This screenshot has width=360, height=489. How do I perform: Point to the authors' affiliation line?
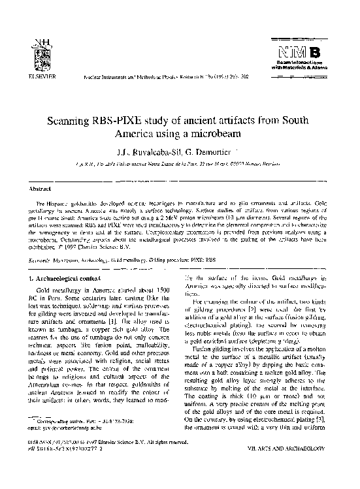(178, 167)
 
